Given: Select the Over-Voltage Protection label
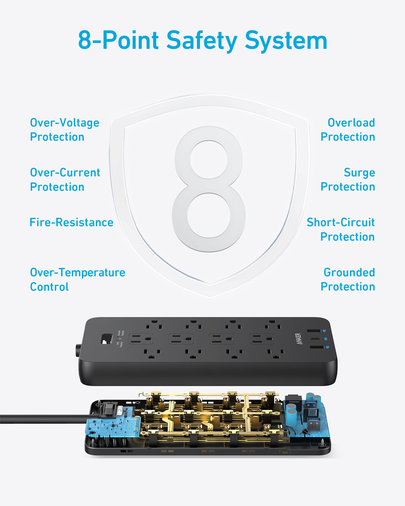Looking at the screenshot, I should [x=65, y=130].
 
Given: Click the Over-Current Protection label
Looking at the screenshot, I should [x=65, y=180].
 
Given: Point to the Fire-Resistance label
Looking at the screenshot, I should [x=71, y=222].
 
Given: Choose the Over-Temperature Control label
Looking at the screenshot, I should [x=77, y=280].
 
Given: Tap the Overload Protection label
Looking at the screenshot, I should [x=348, y=130].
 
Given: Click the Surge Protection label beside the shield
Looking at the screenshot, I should [x=348, y=180].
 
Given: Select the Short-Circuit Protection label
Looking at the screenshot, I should [x=341, y=229].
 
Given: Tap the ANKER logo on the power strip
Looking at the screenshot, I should [x=299, y=339].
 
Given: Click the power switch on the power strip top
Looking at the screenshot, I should [x=107, y=339].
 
